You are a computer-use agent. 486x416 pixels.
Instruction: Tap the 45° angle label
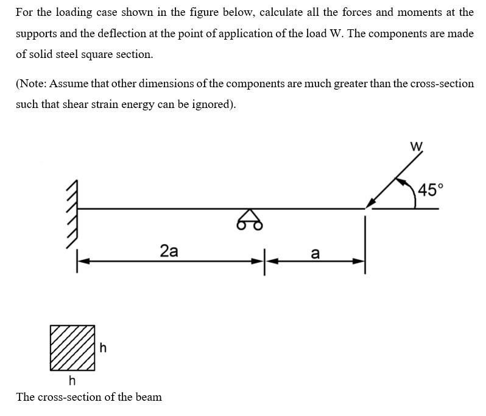427,189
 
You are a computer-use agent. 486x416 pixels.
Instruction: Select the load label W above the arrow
416,145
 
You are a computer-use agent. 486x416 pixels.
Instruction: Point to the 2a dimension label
169,250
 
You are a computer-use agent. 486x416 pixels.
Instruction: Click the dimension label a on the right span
315,253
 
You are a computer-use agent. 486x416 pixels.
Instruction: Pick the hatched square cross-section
72,348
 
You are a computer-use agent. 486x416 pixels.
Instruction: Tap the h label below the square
72,381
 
